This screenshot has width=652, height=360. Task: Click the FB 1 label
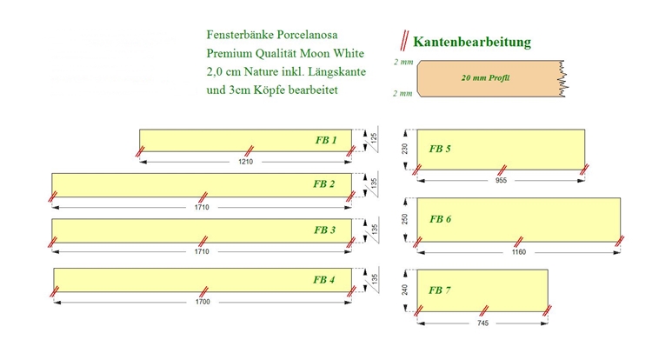tap(326, 140)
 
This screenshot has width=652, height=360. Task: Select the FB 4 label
tap(324, 280)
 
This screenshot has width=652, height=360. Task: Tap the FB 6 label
tap(441, 219)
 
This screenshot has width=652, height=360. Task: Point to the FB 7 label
tap(440, 290)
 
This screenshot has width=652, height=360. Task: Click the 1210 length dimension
tap(246, 162)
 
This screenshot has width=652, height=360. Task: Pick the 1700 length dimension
tap(203, 302)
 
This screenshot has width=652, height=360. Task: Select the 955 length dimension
tap(501, 180)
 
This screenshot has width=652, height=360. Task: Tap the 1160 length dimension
tap(519, 252)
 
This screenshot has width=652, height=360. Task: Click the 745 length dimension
tap(482, 323)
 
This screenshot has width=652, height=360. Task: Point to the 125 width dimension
tap(374, 137)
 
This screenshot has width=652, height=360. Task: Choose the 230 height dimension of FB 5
tap(405, 150)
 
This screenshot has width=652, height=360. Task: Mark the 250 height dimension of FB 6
tap(405, 219)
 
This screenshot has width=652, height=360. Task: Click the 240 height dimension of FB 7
tap(405, 290)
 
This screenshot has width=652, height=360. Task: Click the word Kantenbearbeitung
tap(472, 42)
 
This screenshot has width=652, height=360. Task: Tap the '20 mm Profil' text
tap(485, 77)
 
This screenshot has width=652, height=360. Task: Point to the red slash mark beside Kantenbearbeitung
tap(404, 41)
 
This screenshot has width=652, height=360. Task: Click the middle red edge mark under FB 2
tap(203, 197)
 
